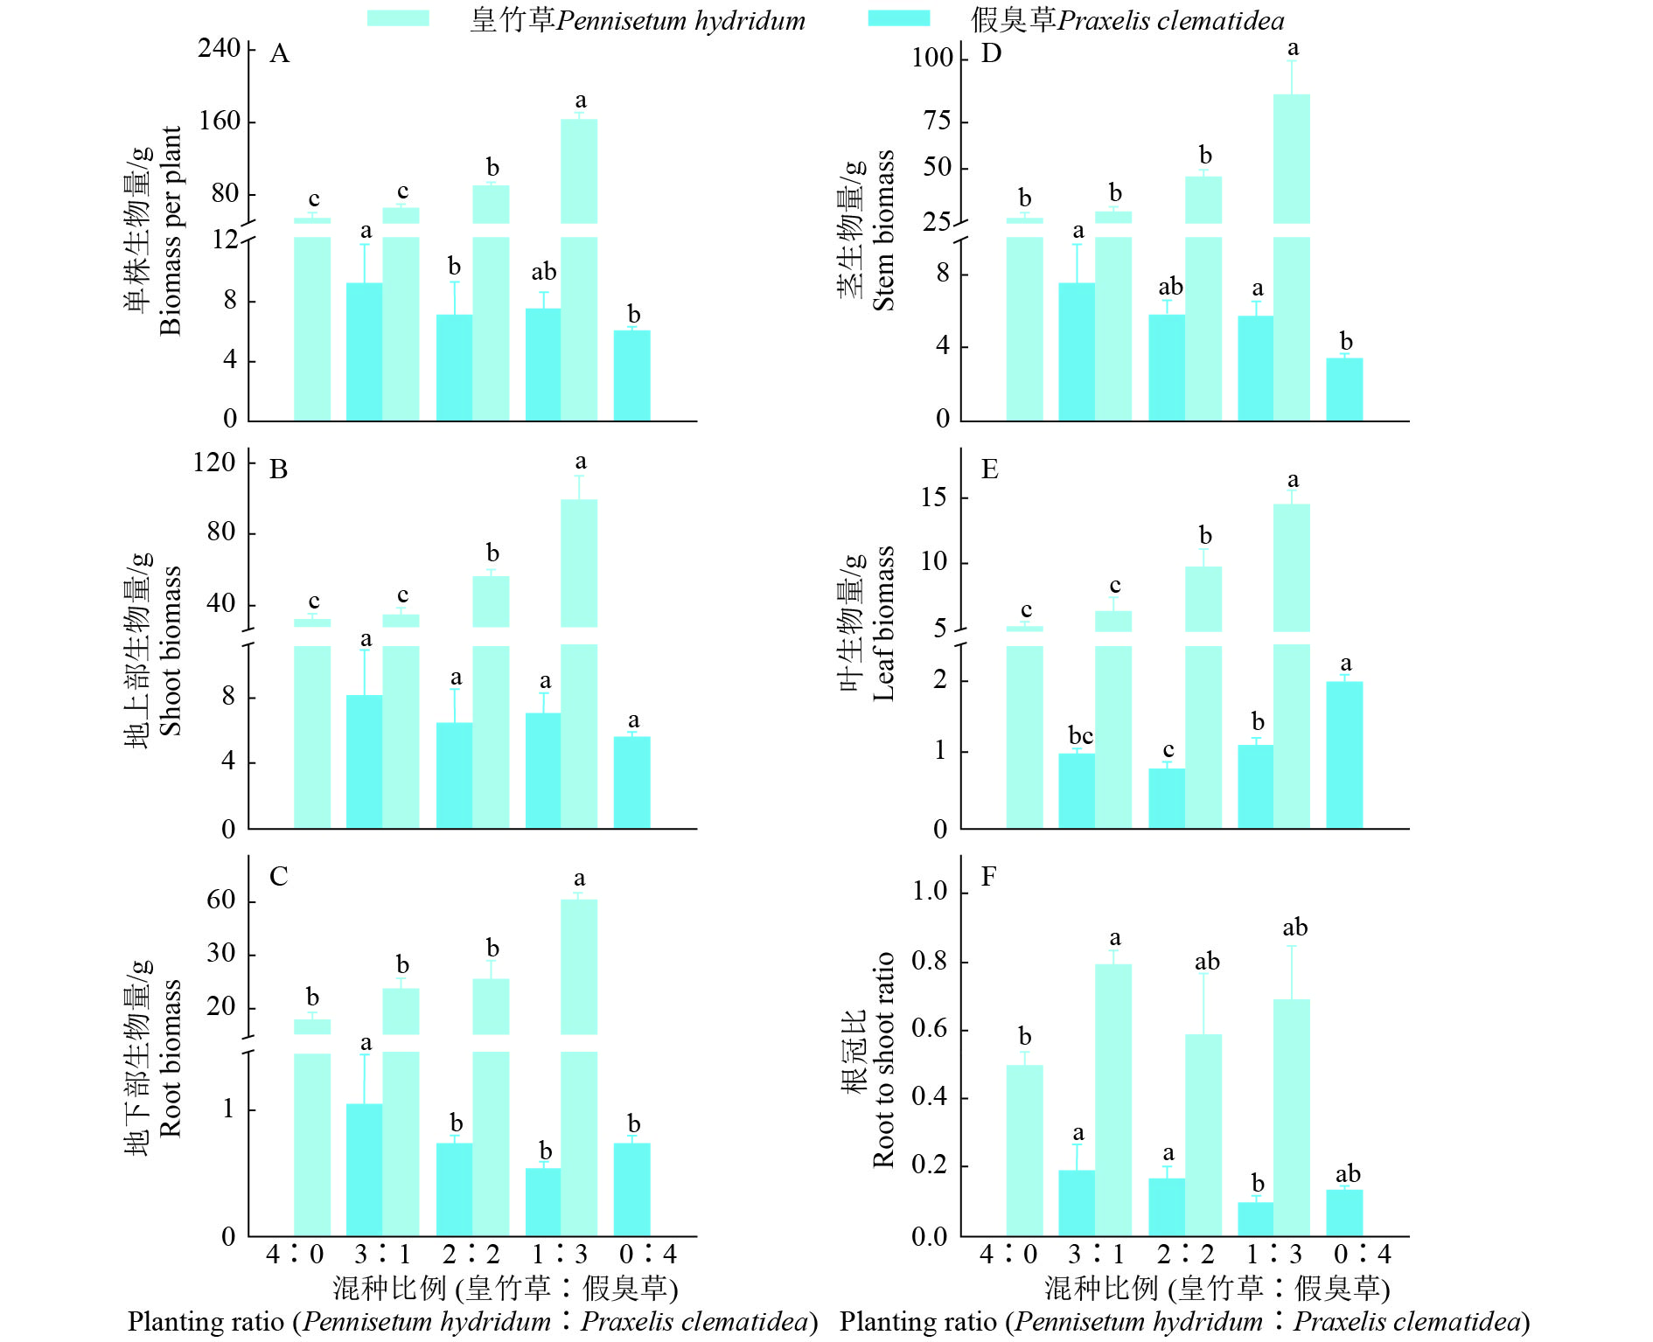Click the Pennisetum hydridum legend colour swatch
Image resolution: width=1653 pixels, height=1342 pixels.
point(398,18)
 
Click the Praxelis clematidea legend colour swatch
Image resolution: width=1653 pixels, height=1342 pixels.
point(898,18)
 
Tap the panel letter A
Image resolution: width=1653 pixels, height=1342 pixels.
point(279,54)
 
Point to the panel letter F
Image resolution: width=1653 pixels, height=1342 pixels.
point(988,876)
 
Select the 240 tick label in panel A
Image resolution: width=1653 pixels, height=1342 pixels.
point(219,48)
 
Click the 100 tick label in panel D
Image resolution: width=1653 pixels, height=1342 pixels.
point(931,58)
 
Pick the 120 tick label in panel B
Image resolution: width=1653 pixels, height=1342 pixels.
point(214,462)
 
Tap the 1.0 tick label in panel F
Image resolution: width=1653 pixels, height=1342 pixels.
point(930,891)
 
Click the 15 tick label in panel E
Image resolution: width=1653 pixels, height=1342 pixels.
point(933,497)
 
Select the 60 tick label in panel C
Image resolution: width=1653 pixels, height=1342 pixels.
point(221,900)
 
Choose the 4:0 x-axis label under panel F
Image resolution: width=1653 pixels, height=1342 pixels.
point(1008,1255)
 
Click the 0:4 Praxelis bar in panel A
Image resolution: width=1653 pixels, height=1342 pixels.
point(631,376)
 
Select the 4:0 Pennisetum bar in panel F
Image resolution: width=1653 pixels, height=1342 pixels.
point(1024,1150)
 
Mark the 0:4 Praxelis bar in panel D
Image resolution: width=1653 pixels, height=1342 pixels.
point(1344,389)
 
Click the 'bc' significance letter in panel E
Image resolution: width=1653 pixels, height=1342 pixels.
point(1080,736)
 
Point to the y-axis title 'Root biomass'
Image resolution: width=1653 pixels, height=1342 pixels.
point(170,1058)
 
